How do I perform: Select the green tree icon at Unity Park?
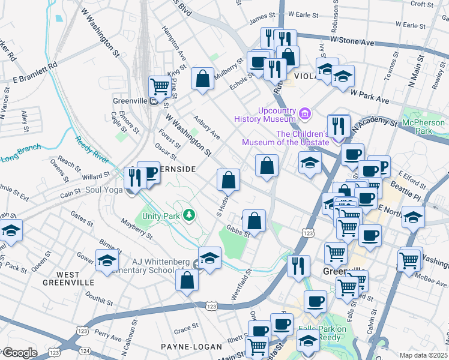(190, 214)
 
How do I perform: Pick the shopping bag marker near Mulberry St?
(203, 78)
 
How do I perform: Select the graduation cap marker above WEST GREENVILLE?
(106, 260)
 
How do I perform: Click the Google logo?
(19, 353)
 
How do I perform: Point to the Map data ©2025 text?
(422, 355)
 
